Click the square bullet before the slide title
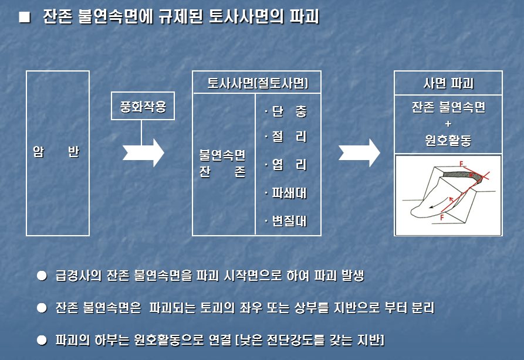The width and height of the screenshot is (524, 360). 23,16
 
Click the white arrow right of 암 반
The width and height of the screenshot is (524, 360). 143,152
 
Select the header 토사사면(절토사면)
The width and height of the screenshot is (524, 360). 257,83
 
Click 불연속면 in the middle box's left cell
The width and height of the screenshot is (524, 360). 222,157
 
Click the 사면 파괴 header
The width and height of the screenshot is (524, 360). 448,83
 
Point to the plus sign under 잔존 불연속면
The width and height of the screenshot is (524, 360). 448,124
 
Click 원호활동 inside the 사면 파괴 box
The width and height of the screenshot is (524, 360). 448,141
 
